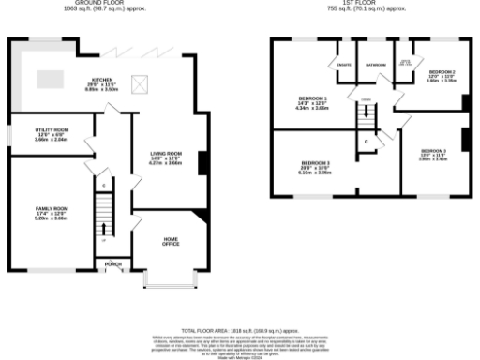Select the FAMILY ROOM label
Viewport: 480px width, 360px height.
point(53,209)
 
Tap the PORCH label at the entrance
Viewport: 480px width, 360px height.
point(113,264)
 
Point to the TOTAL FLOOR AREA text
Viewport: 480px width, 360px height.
point(239,331)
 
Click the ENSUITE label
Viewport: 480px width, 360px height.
point(343,65)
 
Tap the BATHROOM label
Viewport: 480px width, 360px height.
point(376,65)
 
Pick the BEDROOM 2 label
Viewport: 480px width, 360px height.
point(442,73)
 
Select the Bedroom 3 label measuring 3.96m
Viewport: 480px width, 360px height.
point(433,151)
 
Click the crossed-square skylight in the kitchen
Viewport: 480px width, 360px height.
point(143,84)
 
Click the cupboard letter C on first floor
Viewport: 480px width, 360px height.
point(366,141)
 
